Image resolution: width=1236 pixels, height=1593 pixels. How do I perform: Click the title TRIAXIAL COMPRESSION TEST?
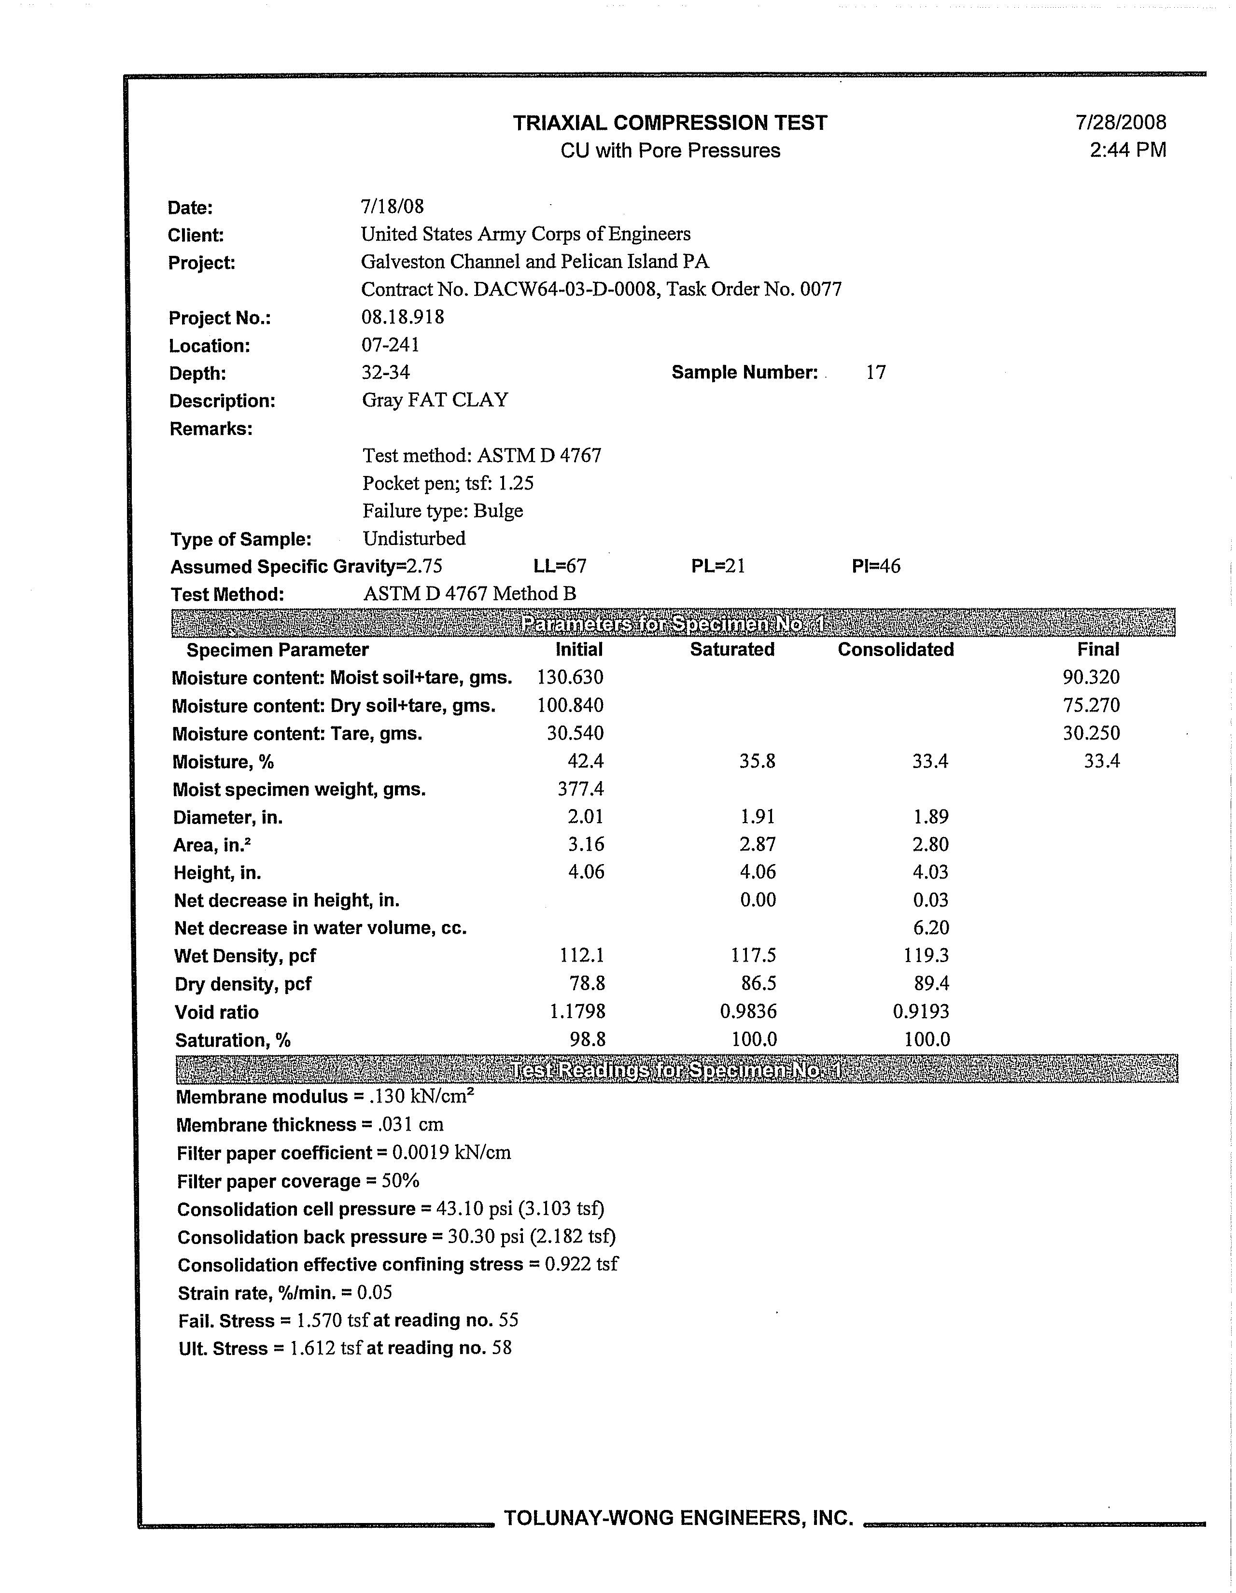[670, 123]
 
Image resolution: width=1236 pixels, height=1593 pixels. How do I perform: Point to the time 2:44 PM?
[1127, 150]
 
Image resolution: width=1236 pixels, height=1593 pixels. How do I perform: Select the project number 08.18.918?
[403, 317]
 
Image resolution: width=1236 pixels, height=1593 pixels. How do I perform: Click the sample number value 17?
[875, 373]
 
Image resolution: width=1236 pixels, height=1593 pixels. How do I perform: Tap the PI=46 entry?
[875, 567]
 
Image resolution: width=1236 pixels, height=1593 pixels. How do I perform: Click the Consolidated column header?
[895, 650]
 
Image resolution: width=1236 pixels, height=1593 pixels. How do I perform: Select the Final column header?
[1097, 650]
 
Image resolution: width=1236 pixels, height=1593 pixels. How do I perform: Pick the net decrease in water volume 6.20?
[931, 928]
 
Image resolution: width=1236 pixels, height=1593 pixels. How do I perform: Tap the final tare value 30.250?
[1091, 734]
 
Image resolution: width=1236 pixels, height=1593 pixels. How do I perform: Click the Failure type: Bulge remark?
[443, 511]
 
